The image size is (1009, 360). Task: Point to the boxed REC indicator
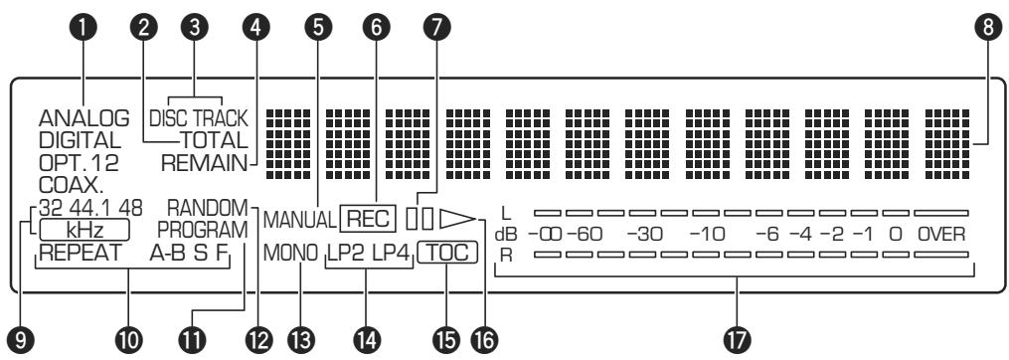[367, 216]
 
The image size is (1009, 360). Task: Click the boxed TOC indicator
[447, 254]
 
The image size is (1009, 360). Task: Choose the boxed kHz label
[84, 230]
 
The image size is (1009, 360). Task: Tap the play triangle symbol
[455, 216]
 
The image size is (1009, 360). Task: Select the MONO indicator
[290, 254]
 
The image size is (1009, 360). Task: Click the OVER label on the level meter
[940, 235]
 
